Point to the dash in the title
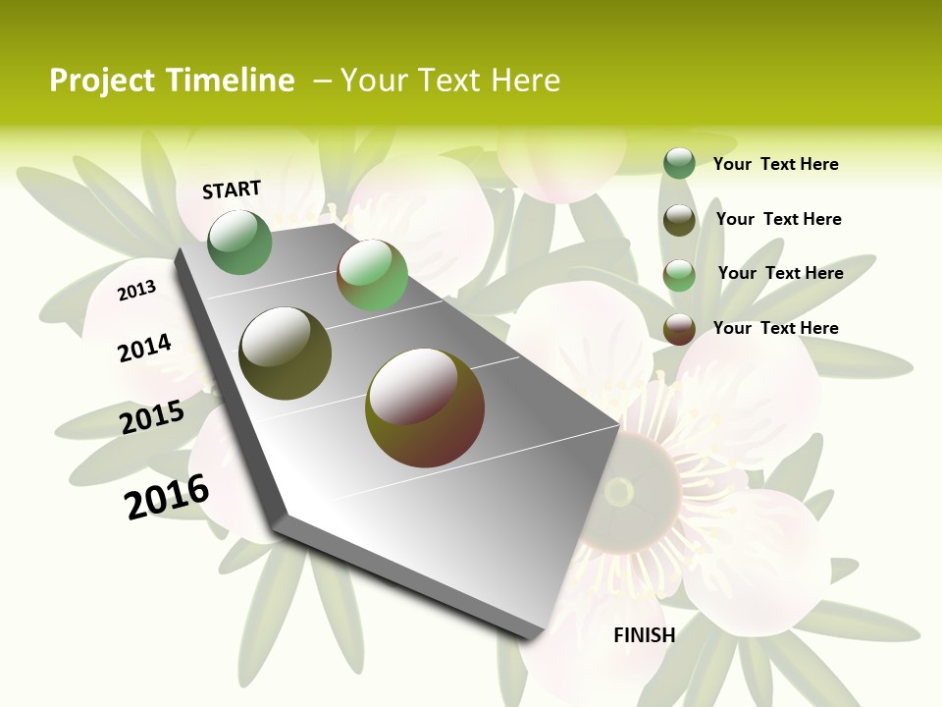click(x=322, y=81)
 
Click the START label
click(x=232, y=190)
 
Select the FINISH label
click(x=644, y=635)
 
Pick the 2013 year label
click(x=136, y=290)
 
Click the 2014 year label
click(x=144, y=348)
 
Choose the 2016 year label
click(x=167, y=497)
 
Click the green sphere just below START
click(x=239, y=242)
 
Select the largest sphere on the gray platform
click(x=425, y=408)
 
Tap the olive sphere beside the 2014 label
click(x=286, y=353)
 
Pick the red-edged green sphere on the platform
click(x=372, y=276)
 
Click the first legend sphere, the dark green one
click(x=679, y=163)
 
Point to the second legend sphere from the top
click(x=679, y=220)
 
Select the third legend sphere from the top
click(x=679, y=275)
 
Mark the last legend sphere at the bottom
click(x=679, y=329)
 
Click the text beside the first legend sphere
click(x=775, y=164)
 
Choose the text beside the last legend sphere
click(x=775, y=328)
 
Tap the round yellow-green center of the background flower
click(x=619, y=491)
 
